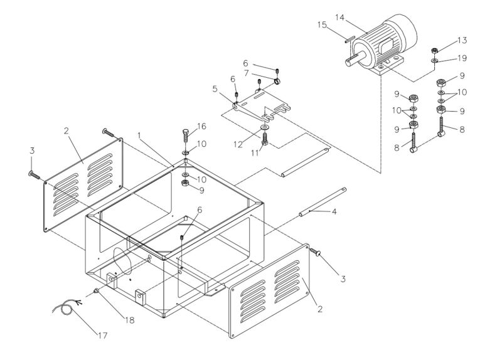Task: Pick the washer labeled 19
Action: click(x=434, y=61)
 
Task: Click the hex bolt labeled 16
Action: click(x=186, y=135)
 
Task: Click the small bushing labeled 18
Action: click(x=97, y=291)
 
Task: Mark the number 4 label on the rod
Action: click(x=334, y=212)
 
